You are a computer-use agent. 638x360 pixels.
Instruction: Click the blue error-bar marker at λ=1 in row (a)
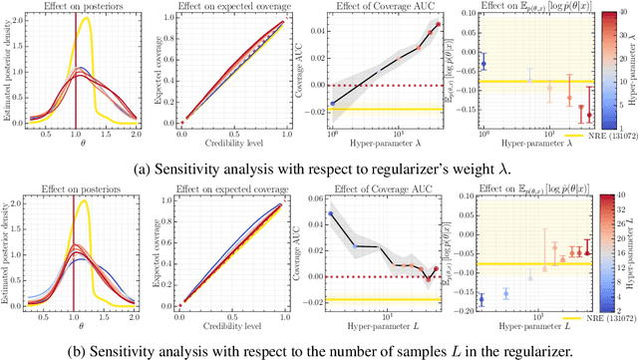coord(483,64)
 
